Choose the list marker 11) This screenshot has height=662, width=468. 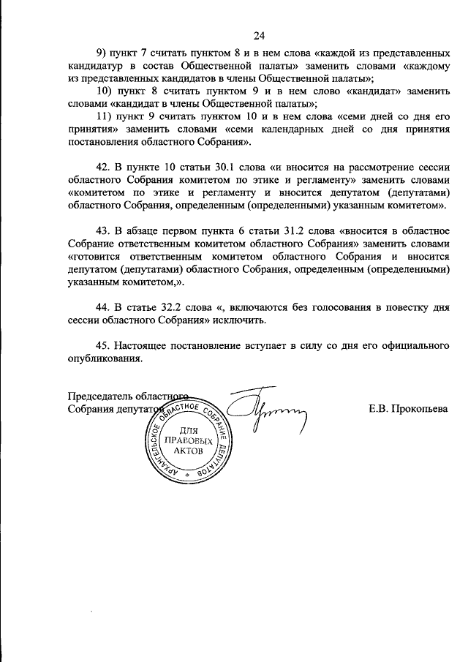104,116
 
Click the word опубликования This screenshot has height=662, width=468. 103,358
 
